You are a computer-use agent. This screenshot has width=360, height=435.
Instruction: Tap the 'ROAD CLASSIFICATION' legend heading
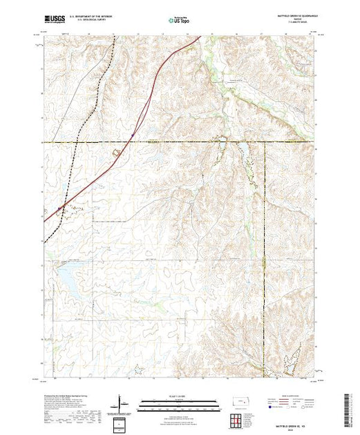tap(294, 396)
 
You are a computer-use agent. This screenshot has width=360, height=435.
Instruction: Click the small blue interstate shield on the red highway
tap(132, 126)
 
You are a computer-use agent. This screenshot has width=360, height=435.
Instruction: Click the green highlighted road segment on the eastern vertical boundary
tap(265, 262)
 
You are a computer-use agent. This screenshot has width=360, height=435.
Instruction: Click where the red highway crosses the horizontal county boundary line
tap(125, 142)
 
